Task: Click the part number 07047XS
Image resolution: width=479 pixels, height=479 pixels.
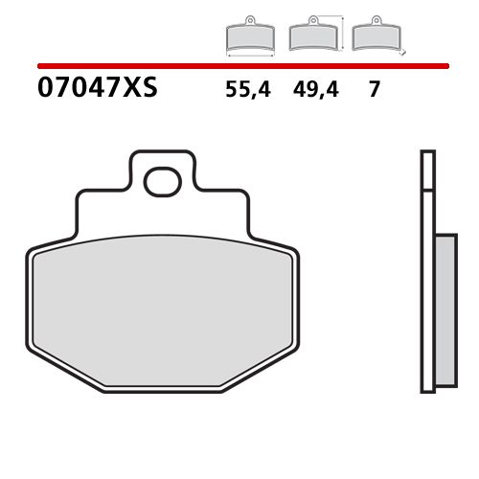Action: tap(96, 90)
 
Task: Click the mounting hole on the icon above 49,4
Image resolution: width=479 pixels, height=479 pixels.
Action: tap(310, 21)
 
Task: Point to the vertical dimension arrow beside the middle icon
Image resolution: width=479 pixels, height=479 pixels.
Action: tap(342, 33)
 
